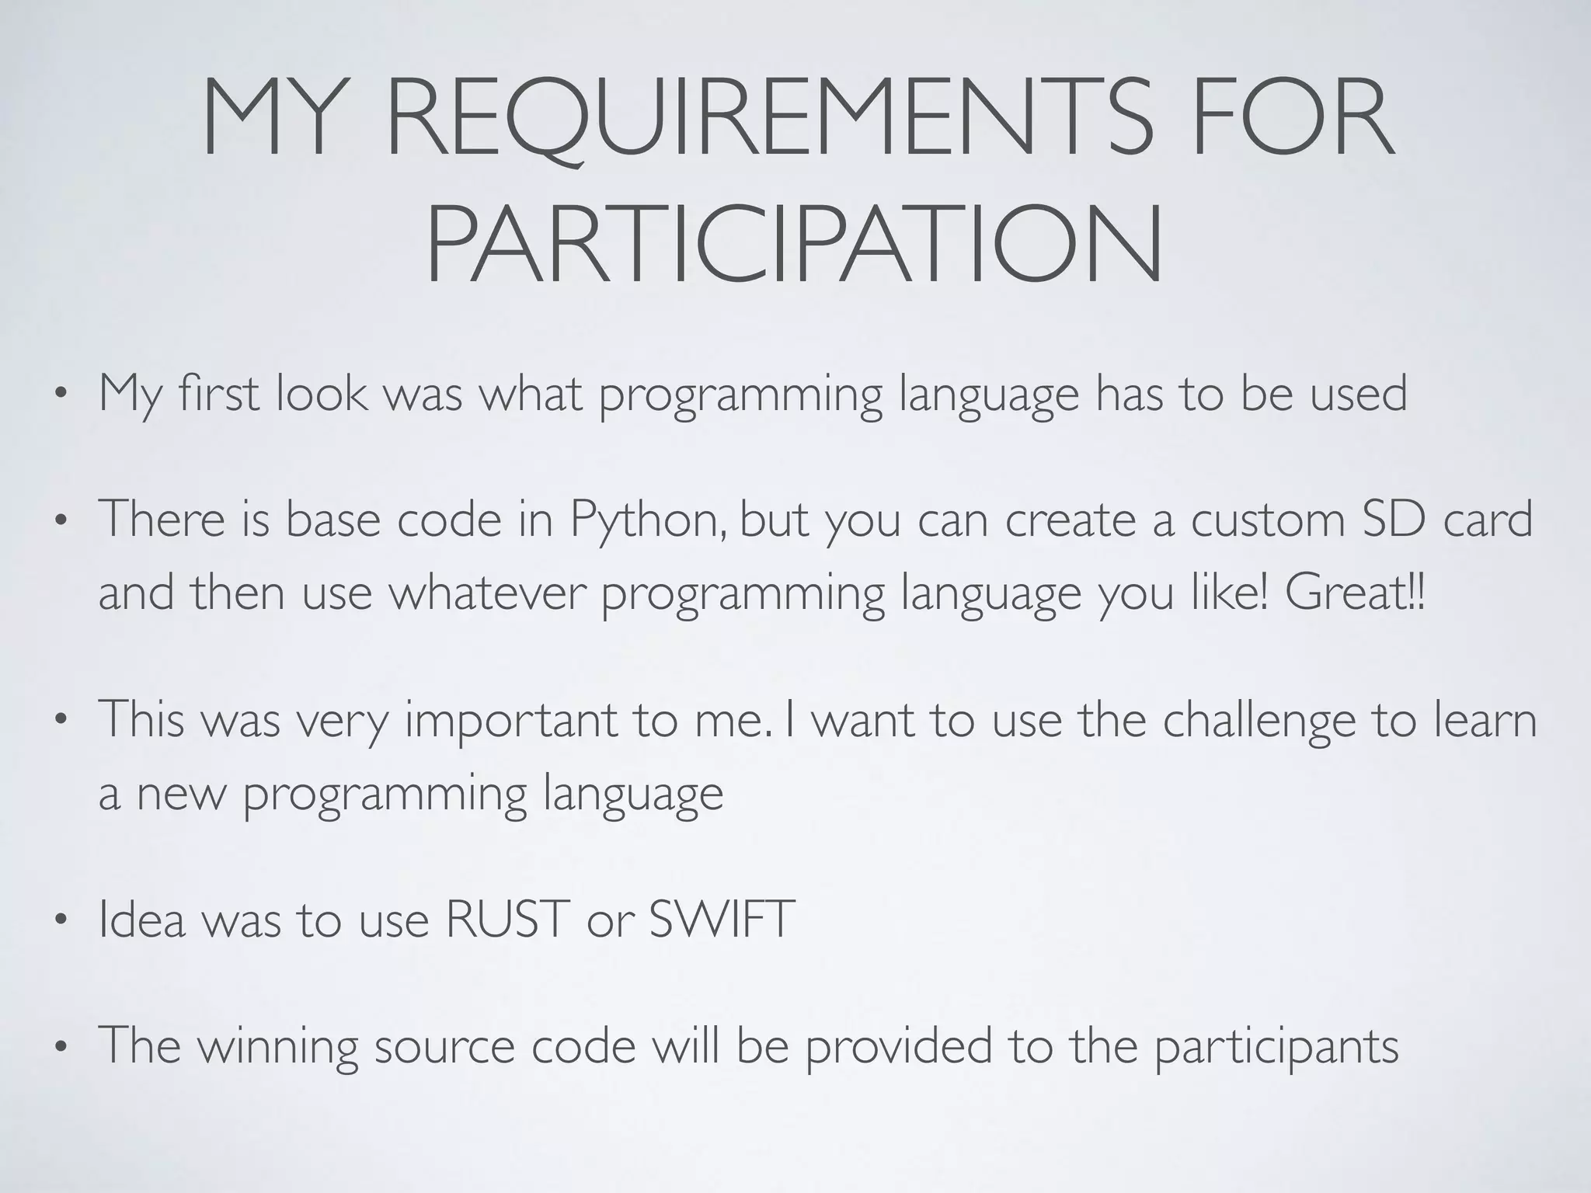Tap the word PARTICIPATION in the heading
794,244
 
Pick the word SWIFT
722,920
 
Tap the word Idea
142,920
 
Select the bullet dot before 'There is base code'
60,521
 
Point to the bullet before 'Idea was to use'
60,921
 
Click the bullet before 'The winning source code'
60,1047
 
